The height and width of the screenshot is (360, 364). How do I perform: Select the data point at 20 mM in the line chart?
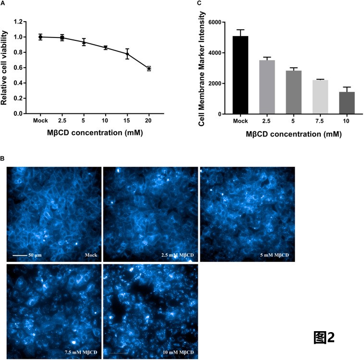tap(149, 69)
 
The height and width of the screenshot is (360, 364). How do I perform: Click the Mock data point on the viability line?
tap(40, 37)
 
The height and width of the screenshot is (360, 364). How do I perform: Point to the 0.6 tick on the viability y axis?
tap(19, 68)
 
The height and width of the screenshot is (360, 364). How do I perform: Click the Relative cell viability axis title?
tap(6, 67)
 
